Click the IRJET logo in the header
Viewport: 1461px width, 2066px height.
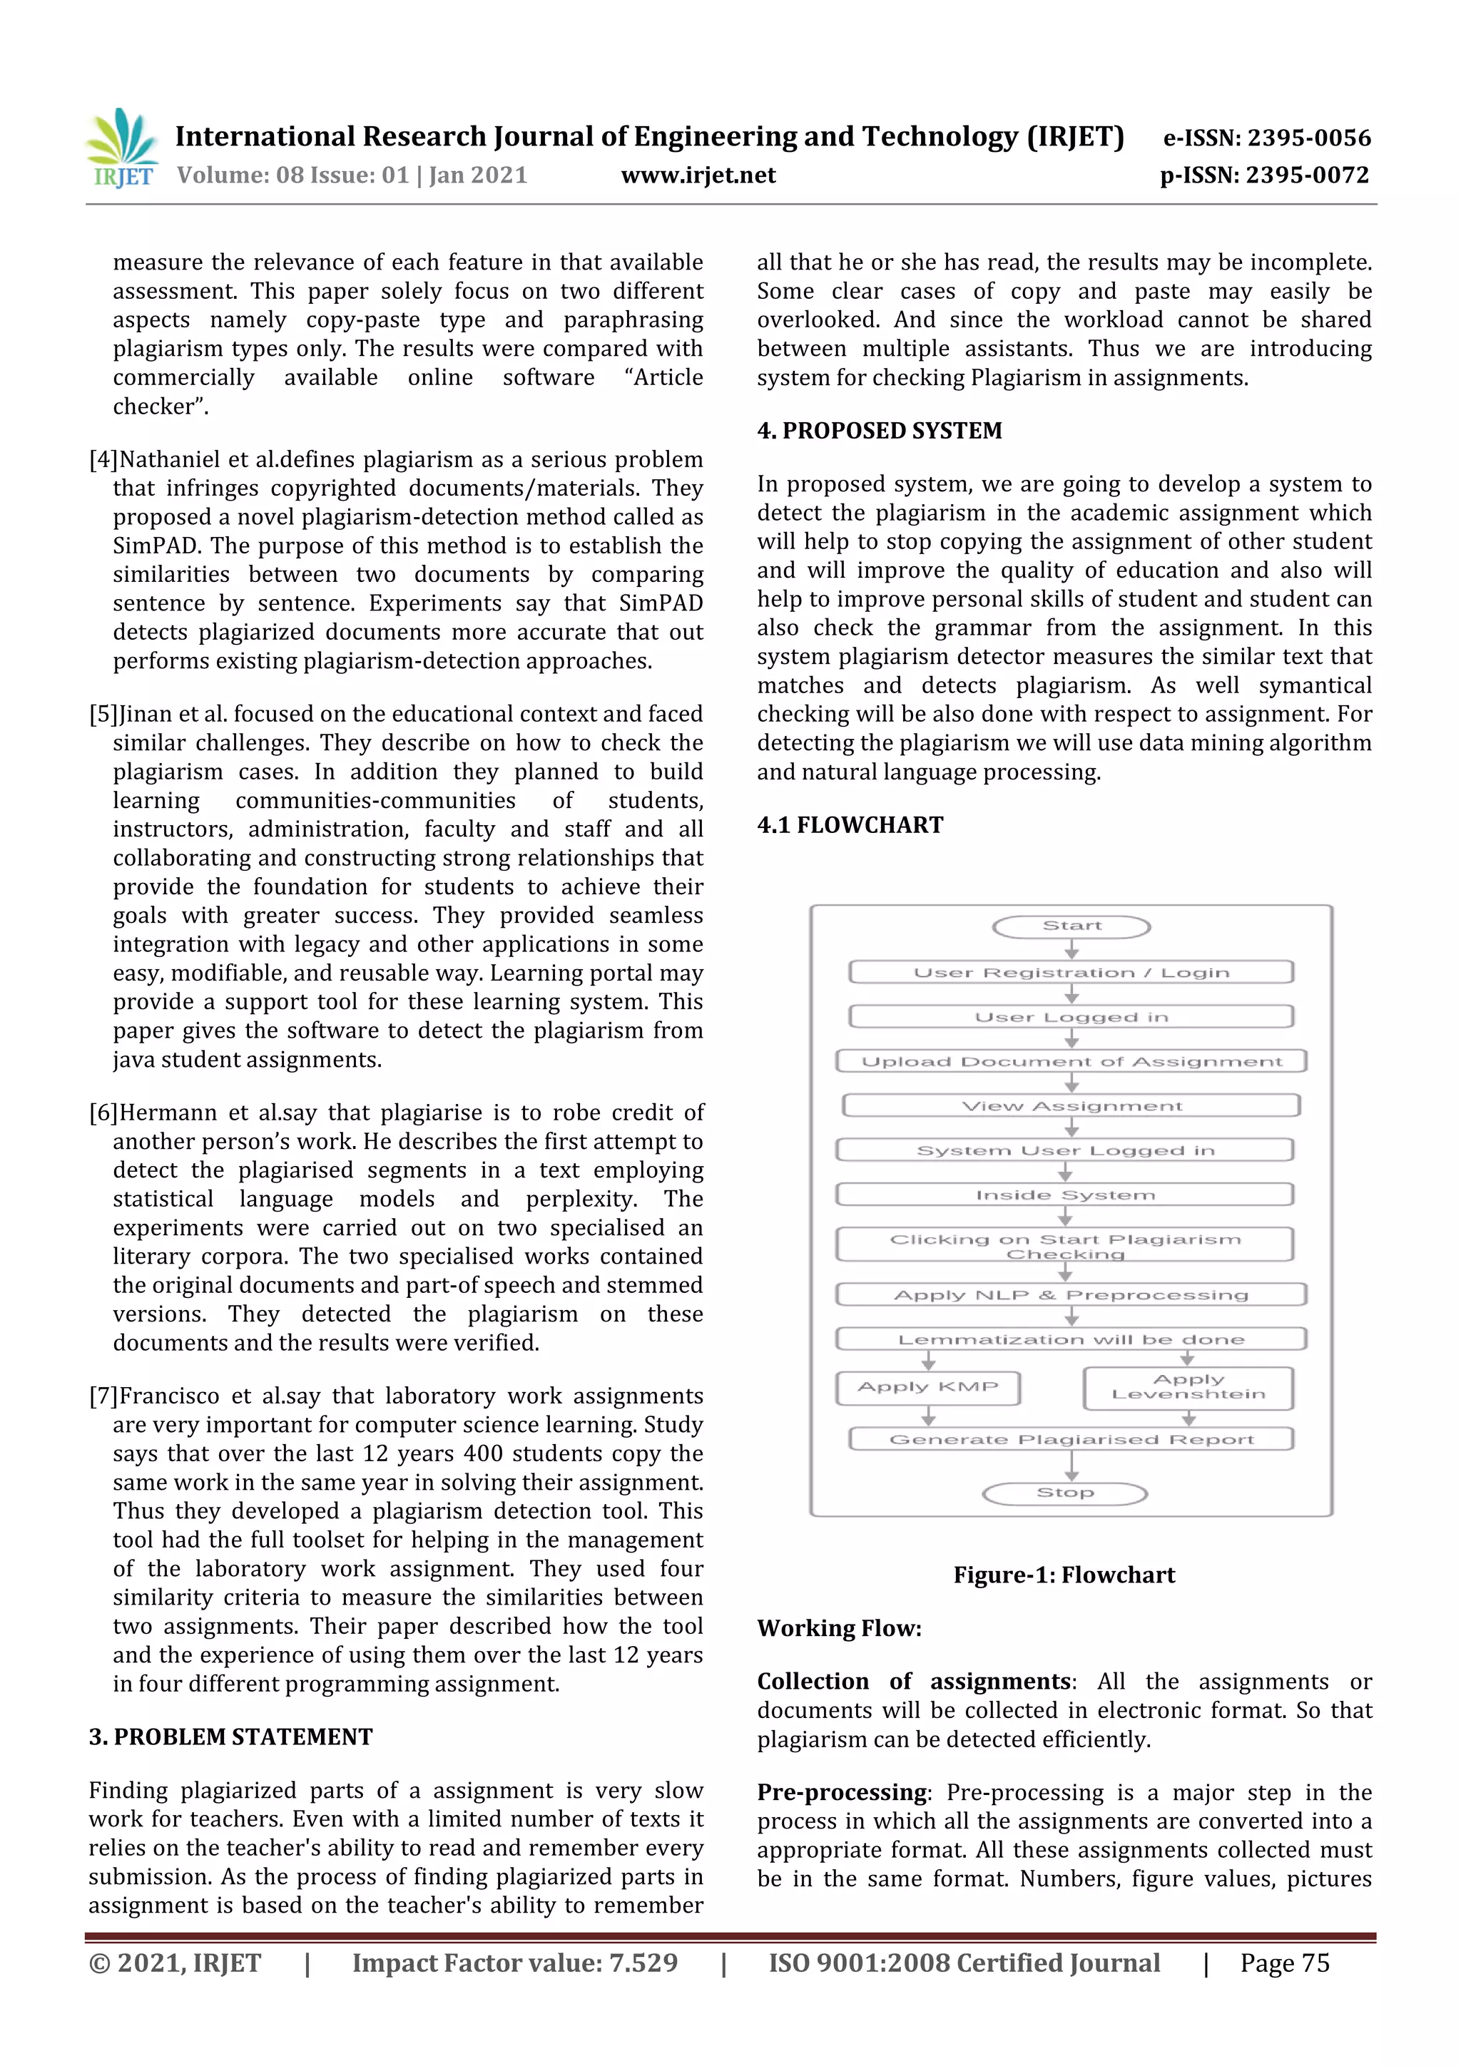(x=123, y=149)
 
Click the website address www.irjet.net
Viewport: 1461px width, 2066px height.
(x=698, y=175)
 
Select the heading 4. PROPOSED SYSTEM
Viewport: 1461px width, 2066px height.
(x=879, y=430)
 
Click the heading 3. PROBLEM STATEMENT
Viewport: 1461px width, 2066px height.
(x=230, y=1737)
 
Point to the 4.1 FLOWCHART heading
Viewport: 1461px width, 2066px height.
(x=850, y=824)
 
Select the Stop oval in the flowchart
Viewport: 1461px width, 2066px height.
(x=1064, y=1493)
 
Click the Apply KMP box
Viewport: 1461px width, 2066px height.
(x=927, y=1386)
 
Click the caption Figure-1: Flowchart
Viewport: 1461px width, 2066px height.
(x=1064, y=1575)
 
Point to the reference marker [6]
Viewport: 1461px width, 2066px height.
(x=103, y=1113)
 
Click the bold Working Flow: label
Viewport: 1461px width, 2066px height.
(x=839, y=1628)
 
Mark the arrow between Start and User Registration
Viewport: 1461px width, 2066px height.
(x=1071, y=948)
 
